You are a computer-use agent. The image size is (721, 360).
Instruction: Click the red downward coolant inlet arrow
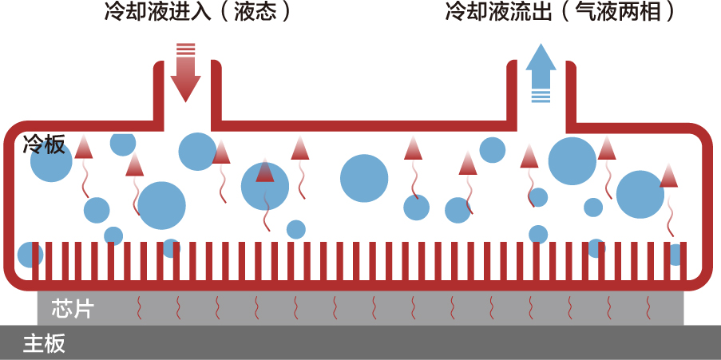(x=185, y=73)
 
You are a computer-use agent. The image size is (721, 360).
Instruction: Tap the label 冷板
(x=44, y=144)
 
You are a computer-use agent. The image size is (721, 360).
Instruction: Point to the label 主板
(x=45, y=343)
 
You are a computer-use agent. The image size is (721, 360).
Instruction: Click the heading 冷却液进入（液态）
(x=198, y=12)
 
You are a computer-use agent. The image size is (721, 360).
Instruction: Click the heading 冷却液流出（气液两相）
(x=561, y=12)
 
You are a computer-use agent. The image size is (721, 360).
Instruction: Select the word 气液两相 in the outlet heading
(x=617, y=12)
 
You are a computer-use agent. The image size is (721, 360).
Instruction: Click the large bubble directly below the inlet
(x=198, y=152)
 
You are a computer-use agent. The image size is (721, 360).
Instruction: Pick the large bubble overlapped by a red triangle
(x=265, y=186)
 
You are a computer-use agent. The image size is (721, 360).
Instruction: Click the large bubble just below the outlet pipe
(x=572, y=161)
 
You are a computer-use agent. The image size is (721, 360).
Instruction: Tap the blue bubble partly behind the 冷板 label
(x=51, y=161)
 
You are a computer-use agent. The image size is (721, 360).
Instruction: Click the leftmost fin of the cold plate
(x=35, y=261)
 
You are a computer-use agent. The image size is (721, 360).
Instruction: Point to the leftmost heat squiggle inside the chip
(x=139, y=308)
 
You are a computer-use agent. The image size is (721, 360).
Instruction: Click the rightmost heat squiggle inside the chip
(x=649, y=308)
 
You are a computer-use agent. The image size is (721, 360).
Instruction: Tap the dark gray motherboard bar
(x=361, y=342)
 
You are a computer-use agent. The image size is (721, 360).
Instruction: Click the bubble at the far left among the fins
(x=30, y=255)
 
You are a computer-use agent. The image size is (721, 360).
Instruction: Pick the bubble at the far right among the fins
(x=675, y=255)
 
